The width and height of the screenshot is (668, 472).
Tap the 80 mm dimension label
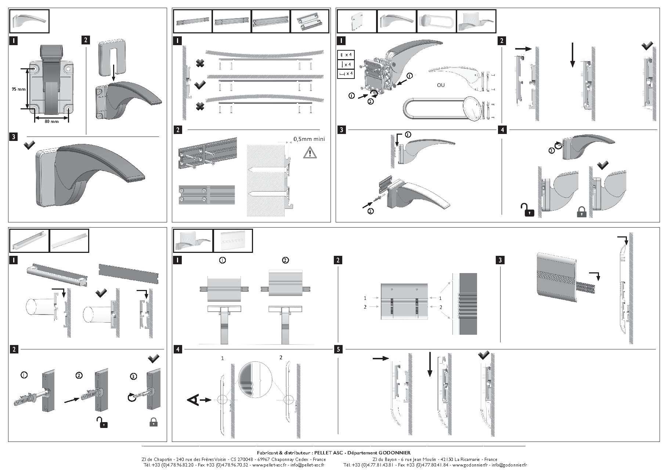click(51, 121)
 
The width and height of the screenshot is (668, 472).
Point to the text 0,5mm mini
click(309, 139)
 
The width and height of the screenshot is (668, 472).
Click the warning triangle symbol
click(310, 152)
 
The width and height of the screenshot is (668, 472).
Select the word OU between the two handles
click(441, 85)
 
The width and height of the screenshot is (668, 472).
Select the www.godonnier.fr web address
click(470, 465)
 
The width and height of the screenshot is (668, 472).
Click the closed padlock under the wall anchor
click(154, 422)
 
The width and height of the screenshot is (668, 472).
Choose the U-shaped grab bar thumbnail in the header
click(436, 21)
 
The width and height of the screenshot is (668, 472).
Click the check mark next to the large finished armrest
click(29, 145)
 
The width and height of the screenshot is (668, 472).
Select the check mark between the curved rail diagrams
click(200, 86)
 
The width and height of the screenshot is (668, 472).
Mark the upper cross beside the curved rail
click(200, 63)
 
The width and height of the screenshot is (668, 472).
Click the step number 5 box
click(338, 349)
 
